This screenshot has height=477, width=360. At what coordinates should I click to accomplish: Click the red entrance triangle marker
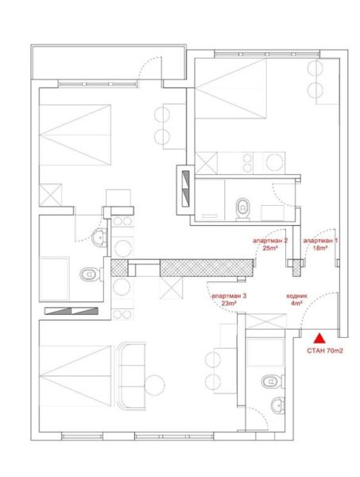319,339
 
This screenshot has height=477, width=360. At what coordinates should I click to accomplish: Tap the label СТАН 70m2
325,351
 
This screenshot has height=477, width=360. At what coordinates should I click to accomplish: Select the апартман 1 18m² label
320,244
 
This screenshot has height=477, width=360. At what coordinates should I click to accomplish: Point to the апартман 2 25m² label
270,244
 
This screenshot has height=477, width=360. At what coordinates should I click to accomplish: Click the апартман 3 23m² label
229,300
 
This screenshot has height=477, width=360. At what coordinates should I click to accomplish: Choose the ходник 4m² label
296,300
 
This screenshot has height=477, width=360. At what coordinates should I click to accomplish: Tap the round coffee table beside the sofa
155,385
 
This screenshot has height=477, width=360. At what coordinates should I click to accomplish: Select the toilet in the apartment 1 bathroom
242,208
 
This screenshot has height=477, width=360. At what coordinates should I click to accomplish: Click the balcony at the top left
109,62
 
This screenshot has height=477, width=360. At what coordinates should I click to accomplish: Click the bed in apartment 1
230,88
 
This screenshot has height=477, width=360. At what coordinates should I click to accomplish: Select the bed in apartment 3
75,376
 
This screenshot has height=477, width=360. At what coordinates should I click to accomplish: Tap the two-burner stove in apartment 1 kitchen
248,163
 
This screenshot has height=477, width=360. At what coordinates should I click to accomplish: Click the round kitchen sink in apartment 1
275,162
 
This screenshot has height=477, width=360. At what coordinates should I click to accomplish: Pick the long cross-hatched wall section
207,268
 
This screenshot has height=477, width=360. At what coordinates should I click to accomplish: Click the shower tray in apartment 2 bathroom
55,278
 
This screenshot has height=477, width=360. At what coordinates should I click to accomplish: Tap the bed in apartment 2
75,135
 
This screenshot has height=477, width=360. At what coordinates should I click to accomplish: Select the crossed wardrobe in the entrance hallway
265,321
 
